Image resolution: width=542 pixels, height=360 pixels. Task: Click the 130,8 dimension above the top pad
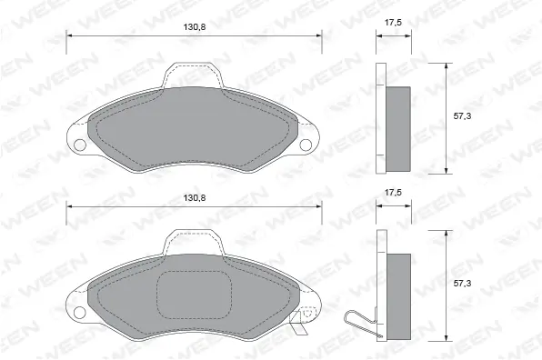point(195,27)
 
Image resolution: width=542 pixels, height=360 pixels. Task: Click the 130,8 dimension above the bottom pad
point(195,197)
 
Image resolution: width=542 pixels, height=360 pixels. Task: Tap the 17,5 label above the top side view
point(394,23)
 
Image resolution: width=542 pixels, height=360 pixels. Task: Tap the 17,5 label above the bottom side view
point(394,193)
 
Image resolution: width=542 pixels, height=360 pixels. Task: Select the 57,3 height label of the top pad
point(462,116)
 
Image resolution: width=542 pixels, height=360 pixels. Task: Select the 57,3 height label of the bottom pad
point(462,284)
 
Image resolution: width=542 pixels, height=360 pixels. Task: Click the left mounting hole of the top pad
point(80,145)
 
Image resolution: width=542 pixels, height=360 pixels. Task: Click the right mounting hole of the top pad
point(306,145)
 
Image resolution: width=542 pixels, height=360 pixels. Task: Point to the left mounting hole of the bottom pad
point(79,313)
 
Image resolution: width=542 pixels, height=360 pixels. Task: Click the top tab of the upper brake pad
point(193,75)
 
